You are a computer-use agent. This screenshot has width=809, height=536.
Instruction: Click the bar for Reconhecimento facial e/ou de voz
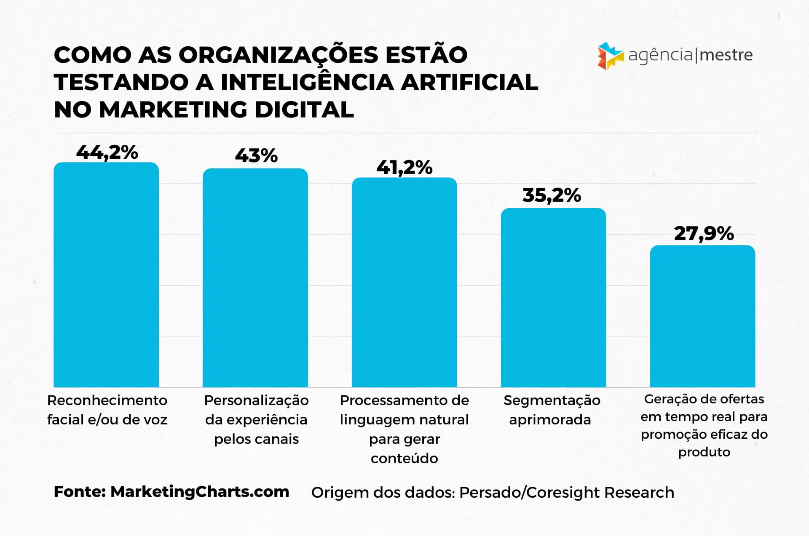point(106,275)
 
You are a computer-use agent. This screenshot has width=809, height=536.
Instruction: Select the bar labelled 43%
point(255,277)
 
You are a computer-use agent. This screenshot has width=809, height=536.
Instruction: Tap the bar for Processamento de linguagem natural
point(404,282)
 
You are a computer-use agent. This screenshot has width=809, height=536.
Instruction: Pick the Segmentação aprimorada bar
point(553,297)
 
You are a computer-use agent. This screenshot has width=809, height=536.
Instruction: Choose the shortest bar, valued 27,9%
point(702,316)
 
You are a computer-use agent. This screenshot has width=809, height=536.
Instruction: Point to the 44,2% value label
point(107,152)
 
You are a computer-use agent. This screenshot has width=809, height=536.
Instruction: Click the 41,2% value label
point(404,168)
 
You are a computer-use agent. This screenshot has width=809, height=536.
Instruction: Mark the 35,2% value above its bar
point(552,195)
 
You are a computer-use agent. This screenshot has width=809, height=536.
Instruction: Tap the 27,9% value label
point(704,234)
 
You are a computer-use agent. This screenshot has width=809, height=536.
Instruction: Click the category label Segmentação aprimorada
point(552,410)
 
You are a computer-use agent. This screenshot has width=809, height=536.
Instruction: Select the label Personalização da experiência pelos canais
point(256,419)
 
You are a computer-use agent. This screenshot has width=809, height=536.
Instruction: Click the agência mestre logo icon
point(610,56)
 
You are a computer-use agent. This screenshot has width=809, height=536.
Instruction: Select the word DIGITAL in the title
point(304,110)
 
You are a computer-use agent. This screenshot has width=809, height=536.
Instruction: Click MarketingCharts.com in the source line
point(200,492)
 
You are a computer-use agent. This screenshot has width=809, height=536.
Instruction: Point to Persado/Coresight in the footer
point(530,492)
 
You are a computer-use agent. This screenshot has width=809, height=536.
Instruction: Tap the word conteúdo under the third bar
point(404,458)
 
